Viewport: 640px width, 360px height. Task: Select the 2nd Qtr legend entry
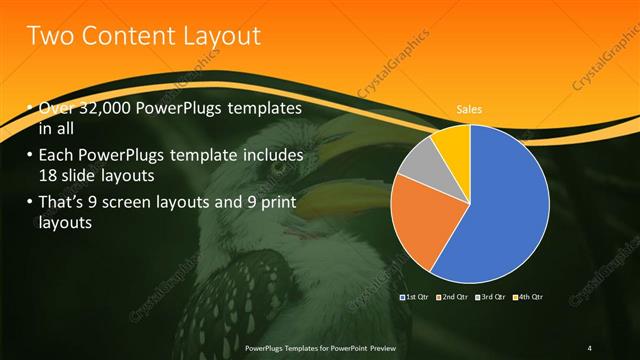[452, 297]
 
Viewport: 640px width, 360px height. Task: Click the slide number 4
[589, 347]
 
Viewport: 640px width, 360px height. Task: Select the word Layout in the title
[218, 37]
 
